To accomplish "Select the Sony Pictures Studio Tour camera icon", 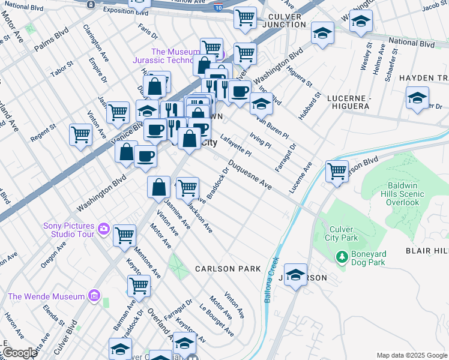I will [104, 229].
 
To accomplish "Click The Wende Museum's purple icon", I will [93, 295].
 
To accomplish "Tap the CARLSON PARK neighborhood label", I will [228, 269].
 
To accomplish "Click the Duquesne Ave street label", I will [250, 178].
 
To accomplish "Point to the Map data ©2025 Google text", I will [411, 355].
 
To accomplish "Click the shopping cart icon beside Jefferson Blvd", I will [337, 171].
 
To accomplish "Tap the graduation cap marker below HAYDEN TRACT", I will [417, 99].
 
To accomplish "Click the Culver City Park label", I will [341, 233].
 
